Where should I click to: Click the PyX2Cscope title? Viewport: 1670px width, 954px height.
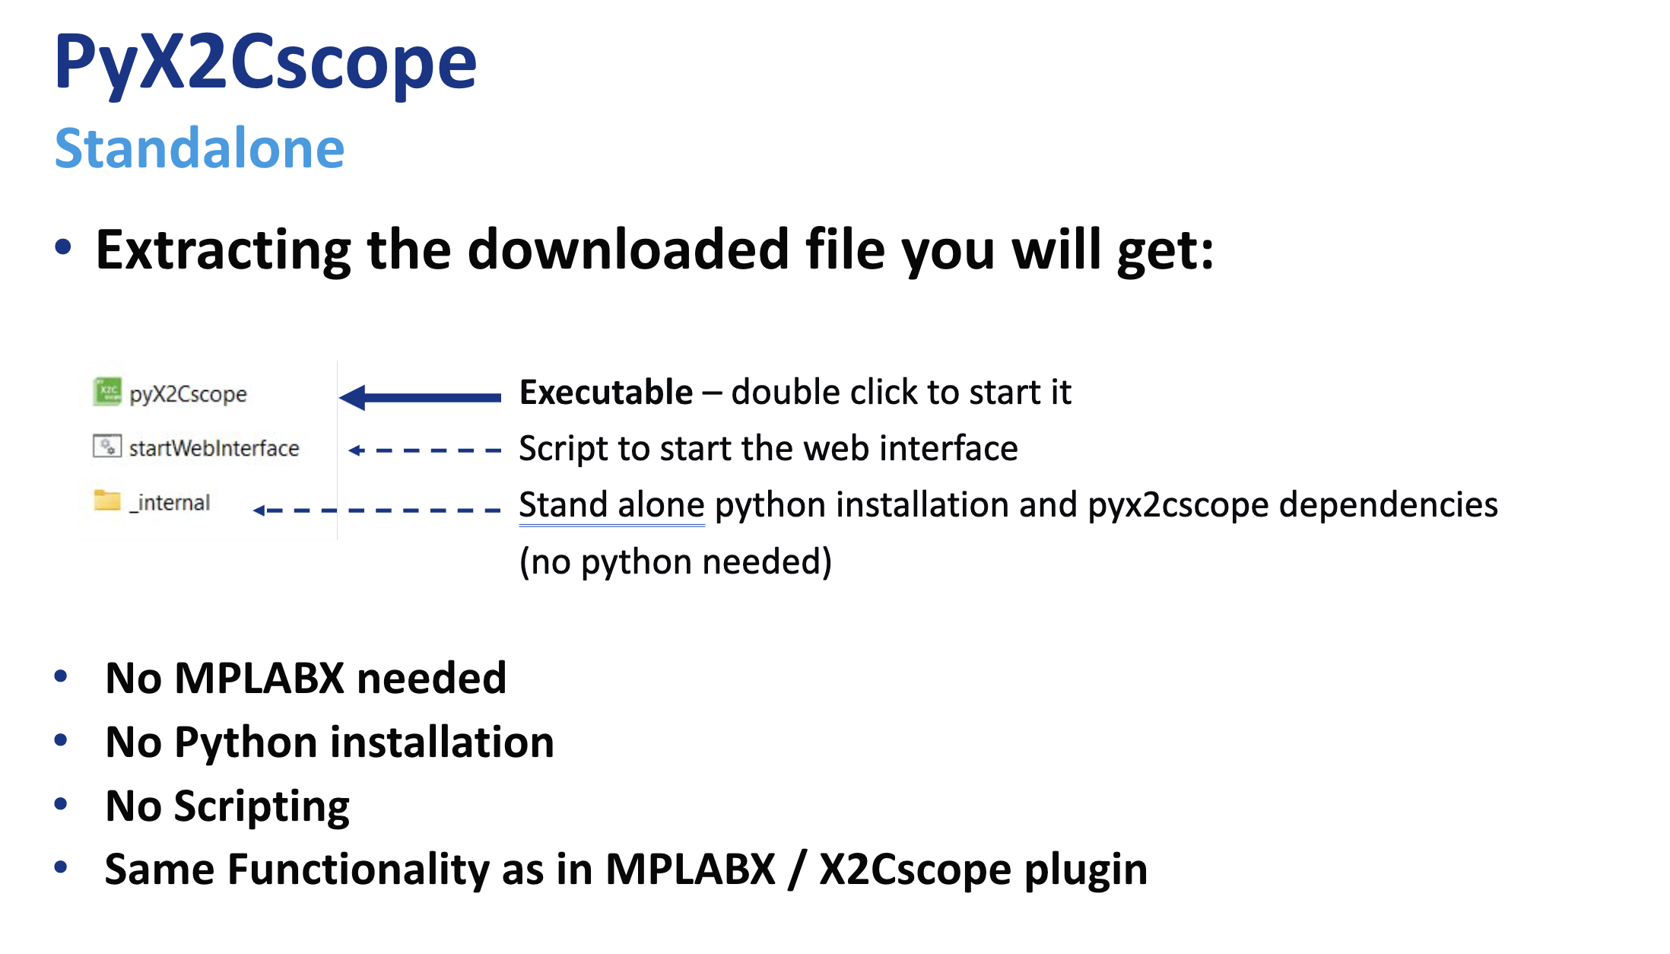(x=265, y=64)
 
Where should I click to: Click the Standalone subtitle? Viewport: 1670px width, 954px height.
(x=199, y=148)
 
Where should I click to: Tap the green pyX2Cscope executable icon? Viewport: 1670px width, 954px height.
(x=107, y=392)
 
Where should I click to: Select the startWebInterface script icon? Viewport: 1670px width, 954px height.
(x=107, y=446)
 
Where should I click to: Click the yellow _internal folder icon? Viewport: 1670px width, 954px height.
(x=107, y=500)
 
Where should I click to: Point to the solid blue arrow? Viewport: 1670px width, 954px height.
(x=420, y=397)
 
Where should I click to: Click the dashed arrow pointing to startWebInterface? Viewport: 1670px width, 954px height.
(x=424, y=450)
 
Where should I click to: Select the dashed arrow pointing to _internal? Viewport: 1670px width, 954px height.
(x=376, y=510)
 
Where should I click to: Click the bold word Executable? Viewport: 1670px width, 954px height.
(x=606, y=393)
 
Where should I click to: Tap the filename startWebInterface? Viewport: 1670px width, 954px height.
(x=214, y=448)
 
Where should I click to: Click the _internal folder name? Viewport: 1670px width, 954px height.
(x=170, y=503)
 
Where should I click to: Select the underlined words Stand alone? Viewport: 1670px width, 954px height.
(x=612, y=505)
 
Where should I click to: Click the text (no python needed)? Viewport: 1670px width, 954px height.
(x=676, y=562)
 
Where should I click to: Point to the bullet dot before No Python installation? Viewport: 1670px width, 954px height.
(x=62, y=739)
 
